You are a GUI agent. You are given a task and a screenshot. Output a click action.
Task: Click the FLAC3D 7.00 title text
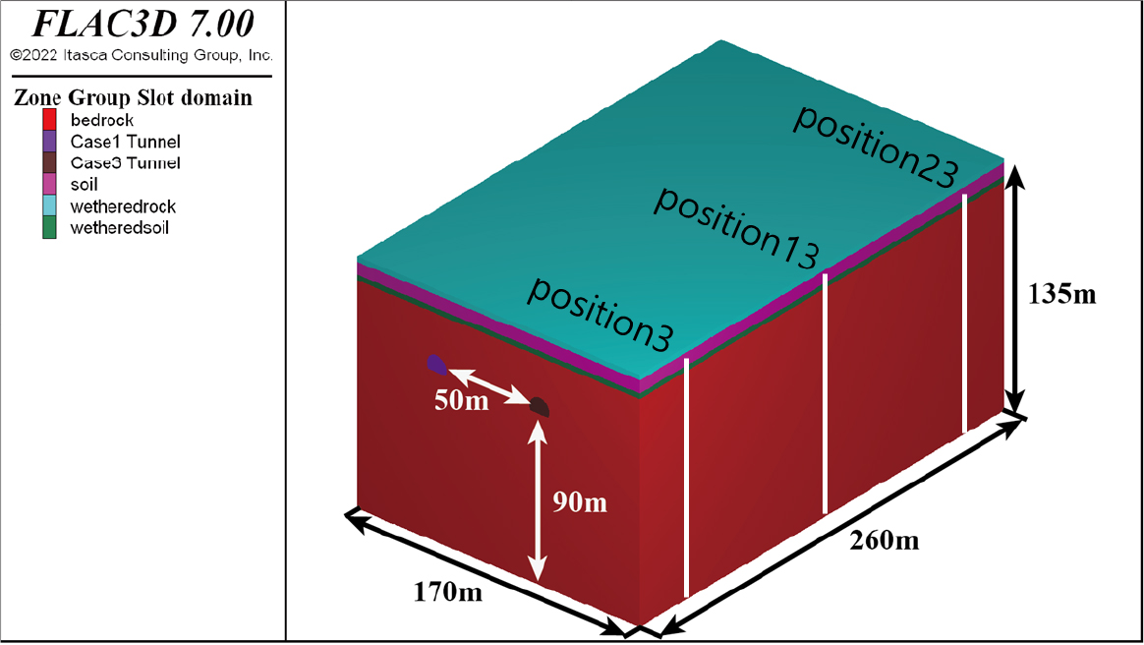tap(143, 24)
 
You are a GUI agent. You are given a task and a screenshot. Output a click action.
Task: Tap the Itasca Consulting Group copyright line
tap(142, 55)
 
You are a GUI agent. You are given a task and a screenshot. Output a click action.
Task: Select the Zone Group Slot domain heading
tap(133, 97)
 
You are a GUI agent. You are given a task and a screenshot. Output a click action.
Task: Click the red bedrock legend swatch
tap(49, 120)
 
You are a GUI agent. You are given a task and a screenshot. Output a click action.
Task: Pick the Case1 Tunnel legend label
tap(126, 142)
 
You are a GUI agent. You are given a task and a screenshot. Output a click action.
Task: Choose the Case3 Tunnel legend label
tap(126, 162)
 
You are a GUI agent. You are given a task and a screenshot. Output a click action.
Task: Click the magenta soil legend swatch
tap(49, 184)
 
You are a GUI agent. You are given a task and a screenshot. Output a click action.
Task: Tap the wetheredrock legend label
tap(123, 206)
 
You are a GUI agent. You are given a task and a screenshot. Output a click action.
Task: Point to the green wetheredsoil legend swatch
tap(49, 228)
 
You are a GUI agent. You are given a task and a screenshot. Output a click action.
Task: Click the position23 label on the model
tap(875, 147)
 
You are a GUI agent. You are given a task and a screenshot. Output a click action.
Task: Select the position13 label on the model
tap(736, 228)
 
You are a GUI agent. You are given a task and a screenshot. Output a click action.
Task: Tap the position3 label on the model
tap(600, 315)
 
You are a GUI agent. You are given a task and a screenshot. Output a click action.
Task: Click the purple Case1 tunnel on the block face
tap(436, 364)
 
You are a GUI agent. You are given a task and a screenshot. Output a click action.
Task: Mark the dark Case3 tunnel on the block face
tap(540, 406)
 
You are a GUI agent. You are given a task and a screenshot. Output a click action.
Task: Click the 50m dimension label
tap(461, 400)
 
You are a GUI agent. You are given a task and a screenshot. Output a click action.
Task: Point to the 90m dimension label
tap(579, 502)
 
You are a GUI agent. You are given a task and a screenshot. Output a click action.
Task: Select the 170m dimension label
tap(447, 592)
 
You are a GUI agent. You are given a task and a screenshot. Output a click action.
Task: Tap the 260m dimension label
tap(885, 541)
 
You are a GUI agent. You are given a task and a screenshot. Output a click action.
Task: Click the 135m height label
tap(1061, 294)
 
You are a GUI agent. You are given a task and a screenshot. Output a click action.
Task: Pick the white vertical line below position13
tap(826, 394)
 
